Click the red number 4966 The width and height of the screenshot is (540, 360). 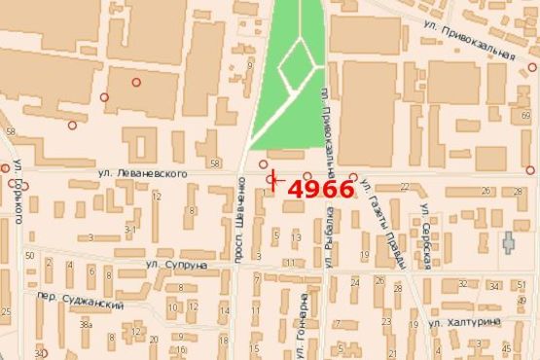(321, 189)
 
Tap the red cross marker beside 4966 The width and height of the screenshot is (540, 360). (274, 179)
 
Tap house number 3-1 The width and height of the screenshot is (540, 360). (130, 231)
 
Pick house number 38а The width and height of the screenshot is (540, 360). (87, 324)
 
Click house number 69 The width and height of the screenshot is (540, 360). (526, 115)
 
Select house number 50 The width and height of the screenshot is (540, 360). (30, 256)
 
